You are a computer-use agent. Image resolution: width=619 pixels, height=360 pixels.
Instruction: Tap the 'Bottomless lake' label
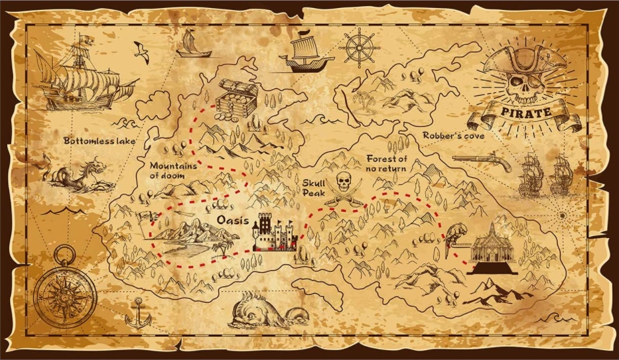click(99, 141)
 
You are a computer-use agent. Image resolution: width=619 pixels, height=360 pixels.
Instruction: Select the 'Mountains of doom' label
click(173, 170)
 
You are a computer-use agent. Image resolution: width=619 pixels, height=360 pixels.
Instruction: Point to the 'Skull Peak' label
click(314, 188)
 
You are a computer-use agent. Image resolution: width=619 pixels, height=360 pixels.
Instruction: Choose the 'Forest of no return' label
click(386, 163)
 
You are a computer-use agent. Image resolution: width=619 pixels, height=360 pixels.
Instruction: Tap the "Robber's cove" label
click(453, 135)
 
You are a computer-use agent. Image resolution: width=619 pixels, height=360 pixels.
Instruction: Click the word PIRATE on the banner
click(524, 112)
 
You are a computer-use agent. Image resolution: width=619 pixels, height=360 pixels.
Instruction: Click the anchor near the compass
click(138, 313)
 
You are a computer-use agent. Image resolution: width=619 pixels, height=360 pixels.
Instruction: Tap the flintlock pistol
click(482, 162)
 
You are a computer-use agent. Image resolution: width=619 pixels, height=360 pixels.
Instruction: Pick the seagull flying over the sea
click(141, 49)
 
